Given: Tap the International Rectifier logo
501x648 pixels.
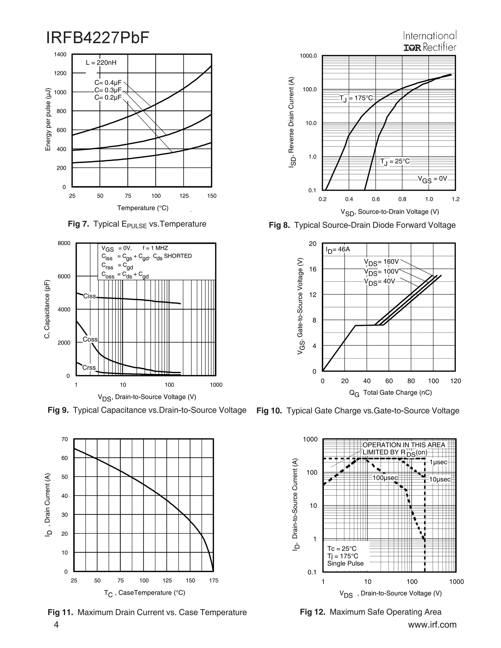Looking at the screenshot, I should click(430, 42).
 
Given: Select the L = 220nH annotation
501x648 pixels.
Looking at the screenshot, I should click(101, 63).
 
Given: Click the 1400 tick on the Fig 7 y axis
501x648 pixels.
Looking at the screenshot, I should click(60, 55).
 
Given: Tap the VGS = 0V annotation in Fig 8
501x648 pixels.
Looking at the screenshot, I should click(432, 179).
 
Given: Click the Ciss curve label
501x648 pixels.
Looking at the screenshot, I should click(89, 296).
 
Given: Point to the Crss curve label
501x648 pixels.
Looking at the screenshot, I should click(89, 368).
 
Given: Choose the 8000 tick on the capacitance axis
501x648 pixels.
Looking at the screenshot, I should click(64, 243).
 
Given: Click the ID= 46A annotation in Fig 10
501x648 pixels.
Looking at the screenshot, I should click(338, 249).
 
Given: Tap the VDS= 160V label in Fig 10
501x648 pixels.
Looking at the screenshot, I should click(381, 262).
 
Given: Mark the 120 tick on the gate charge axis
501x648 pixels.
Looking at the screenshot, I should click(455, 381).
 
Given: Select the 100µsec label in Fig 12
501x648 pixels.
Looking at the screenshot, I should click(385, 478).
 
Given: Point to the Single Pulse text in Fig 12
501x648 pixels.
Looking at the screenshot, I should click(345, 563).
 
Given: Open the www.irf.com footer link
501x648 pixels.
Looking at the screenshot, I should click(432, 625).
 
